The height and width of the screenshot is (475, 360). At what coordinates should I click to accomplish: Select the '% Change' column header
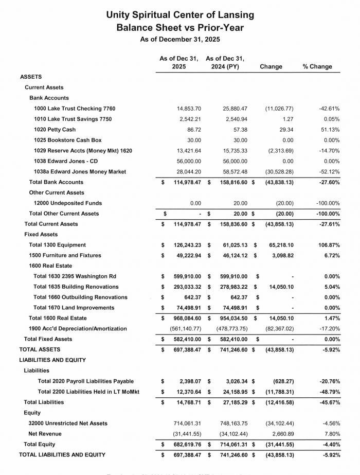click(317, 66)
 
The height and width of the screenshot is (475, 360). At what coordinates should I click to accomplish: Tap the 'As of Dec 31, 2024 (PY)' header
click(225, 62)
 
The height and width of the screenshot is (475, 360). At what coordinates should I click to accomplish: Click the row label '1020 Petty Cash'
click(55, 130)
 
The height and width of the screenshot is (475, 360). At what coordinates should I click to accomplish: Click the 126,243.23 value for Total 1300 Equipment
click(183, 245)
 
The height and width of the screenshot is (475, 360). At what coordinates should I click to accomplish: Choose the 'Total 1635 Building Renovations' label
click(76, 287)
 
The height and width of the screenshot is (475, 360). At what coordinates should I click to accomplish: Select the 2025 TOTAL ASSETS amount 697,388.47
click(183, 349)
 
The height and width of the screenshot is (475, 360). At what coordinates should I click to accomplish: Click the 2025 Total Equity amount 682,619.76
click(183, 444)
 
